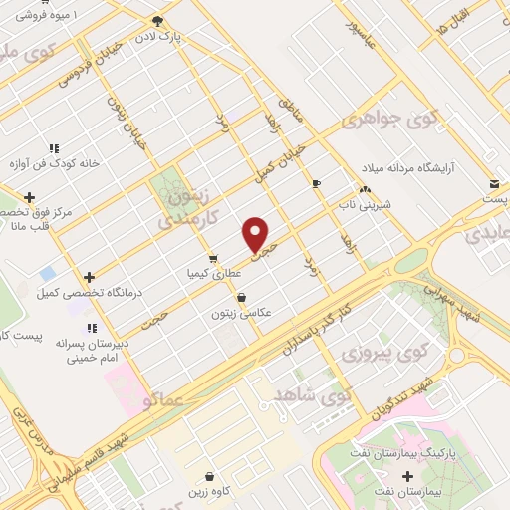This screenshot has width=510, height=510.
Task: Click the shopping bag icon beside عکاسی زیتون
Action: click(x=241, y=297)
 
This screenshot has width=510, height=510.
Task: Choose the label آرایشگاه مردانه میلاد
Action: click(x=404, y=167)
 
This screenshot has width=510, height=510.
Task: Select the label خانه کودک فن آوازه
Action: click(x=54, y=163)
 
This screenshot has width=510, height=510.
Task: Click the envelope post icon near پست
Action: click(x=495, y=184)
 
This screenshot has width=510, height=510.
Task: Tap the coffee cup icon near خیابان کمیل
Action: click(x=317, y=184)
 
